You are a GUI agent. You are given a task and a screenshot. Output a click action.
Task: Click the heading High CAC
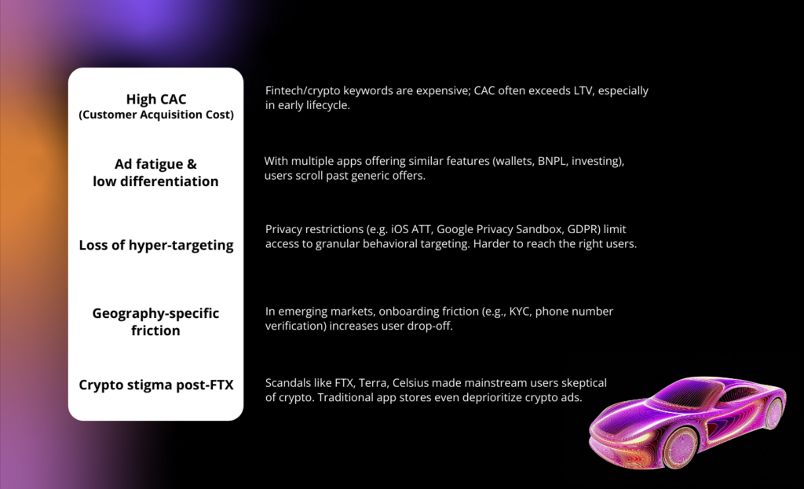156,99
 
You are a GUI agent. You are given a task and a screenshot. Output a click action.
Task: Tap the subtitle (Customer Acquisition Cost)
156,115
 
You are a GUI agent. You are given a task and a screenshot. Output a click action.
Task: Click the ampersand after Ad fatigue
192,164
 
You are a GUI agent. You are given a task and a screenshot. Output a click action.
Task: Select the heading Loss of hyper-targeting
156,246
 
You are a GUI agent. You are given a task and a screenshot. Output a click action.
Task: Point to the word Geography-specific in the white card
156,314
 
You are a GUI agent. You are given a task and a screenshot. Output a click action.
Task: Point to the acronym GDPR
583,229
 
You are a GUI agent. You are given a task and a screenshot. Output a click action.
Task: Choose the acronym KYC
519,312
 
